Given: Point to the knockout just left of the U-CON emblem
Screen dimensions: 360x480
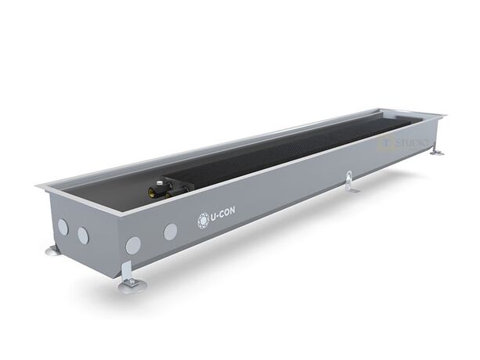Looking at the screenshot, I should [x=170, y=231].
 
